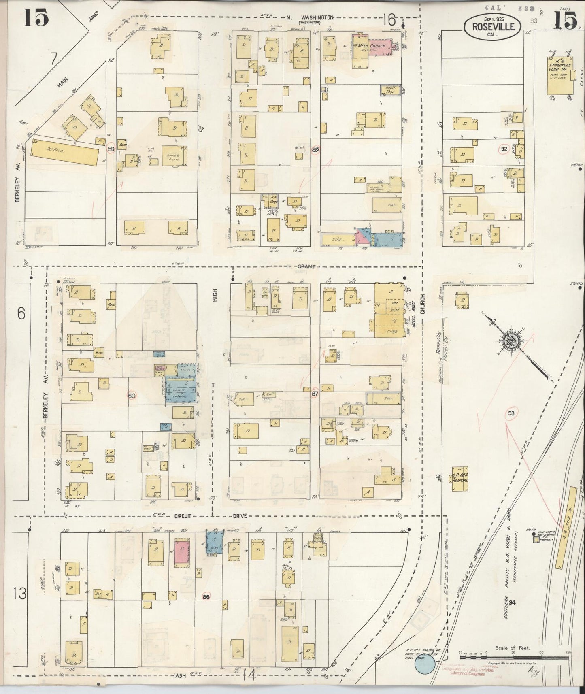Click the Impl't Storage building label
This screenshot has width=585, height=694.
click(390, 90)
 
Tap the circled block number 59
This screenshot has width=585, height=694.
click(111, 149)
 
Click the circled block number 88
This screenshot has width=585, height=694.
click(316, 149)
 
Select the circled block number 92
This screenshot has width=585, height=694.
click(504, 149)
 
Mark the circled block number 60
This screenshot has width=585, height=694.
click(132, 395)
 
